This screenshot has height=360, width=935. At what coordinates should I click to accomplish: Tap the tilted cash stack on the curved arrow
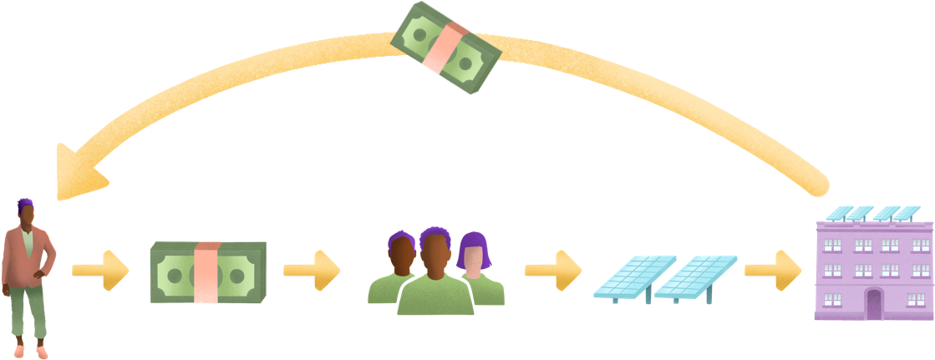point(446,47)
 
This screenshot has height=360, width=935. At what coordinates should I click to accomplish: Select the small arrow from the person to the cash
point(100,270)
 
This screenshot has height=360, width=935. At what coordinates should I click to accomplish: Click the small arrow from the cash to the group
point(312,270)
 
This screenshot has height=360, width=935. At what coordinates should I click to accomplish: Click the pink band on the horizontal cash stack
point(206,272)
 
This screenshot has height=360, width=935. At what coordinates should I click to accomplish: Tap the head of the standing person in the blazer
point(26,215)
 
